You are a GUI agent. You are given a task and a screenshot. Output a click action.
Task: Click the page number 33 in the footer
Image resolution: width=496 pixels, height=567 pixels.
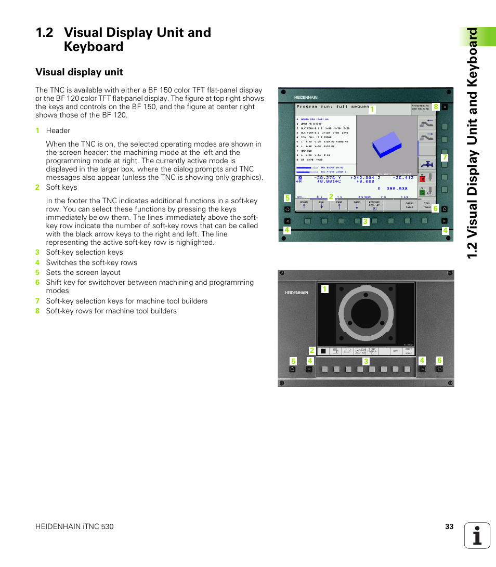tap(449, 526)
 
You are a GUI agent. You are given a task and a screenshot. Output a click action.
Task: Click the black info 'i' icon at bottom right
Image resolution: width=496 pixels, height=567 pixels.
tap(477, 535)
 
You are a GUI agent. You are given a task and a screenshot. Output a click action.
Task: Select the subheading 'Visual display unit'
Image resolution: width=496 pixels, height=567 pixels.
tap(79, 72)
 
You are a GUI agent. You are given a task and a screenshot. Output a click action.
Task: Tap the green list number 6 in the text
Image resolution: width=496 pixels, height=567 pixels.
tap(37, 283)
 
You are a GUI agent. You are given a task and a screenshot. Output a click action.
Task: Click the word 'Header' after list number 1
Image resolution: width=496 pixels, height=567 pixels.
tap(58, 130)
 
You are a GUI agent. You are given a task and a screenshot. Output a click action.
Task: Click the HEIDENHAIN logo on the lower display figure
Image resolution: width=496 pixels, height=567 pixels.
tap(296, 293)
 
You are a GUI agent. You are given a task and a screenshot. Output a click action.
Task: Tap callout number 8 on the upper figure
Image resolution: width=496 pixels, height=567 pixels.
tap(436, 107)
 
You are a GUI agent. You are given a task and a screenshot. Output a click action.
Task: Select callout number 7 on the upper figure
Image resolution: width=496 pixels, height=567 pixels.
tap(445, 157)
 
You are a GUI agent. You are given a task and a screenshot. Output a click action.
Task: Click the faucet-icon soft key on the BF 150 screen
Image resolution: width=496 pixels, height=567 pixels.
tap(427, 164)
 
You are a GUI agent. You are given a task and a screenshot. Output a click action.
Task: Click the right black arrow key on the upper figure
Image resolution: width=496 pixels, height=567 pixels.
tap(445, 220)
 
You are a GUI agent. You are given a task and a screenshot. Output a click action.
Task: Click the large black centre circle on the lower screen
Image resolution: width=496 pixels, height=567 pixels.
tap(366, 314)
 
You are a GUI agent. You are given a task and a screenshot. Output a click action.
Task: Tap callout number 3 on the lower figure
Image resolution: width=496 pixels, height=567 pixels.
tap(366, 361)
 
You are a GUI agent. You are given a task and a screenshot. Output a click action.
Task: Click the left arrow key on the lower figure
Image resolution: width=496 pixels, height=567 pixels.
tap(309, 369)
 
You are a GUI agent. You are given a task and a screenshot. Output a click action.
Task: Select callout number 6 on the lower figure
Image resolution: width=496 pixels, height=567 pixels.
tap(439, 360)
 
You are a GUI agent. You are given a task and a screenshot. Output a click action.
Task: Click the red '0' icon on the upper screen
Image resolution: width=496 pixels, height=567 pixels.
tap(423, 178)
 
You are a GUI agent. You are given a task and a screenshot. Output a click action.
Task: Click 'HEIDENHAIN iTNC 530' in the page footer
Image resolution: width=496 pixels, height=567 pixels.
tap(74, 526)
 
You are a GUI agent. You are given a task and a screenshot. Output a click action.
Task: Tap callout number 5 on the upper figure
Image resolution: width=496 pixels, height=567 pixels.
tap(286, 198)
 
